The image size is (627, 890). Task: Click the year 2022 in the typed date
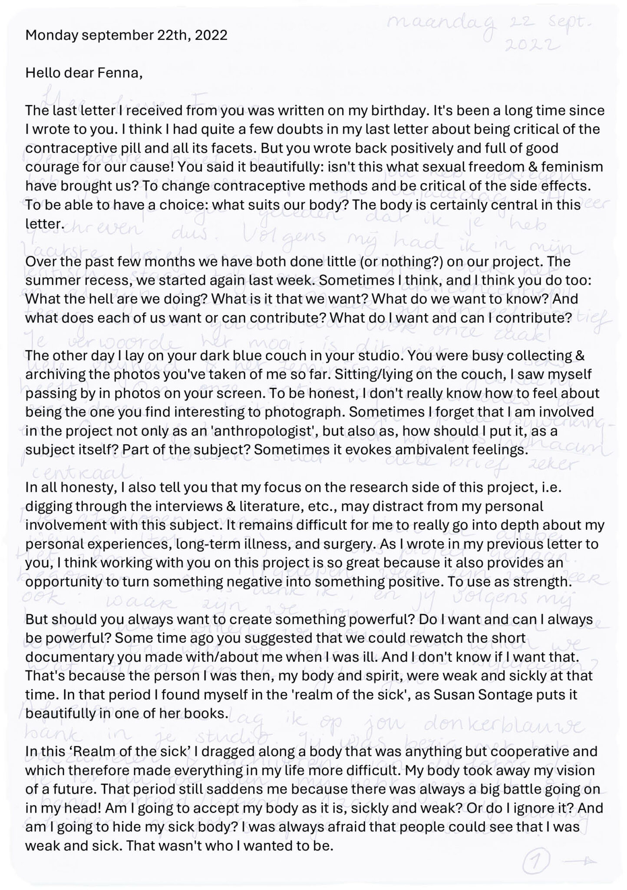pyautogui.click(x=211, y=35)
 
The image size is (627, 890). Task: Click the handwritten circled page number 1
pyautogui.click(x=537, y=860)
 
